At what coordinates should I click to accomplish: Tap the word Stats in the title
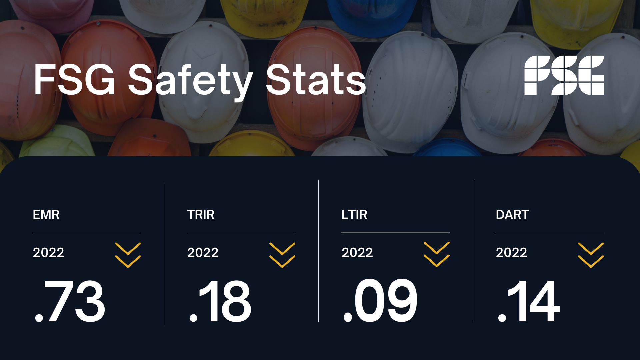coord(316,80)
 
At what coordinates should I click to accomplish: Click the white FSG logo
coord(564,75)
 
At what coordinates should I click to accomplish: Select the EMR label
coord(46,215)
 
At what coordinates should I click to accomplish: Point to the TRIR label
coord(201,215)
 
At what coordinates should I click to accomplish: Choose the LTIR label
coord(354,215)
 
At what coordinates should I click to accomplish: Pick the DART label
coord(512,215)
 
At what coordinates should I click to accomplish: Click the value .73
coord(70,301)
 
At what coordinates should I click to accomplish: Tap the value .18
coord(220,301)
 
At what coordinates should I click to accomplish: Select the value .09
coord(380,301)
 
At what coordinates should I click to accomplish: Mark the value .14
coord(529,301)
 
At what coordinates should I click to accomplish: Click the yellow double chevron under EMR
coord(128,255)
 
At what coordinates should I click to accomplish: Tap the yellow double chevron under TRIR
coord(282,255)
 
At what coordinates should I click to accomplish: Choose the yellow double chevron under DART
coord(591,255)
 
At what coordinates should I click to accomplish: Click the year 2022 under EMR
coord(48,252)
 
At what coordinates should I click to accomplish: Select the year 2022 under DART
coord(511,252)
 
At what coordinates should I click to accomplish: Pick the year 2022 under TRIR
coord(203,252)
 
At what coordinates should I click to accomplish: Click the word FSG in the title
coord(74,80)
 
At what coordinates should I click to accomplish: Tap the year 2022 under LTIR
coord(357,252)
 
